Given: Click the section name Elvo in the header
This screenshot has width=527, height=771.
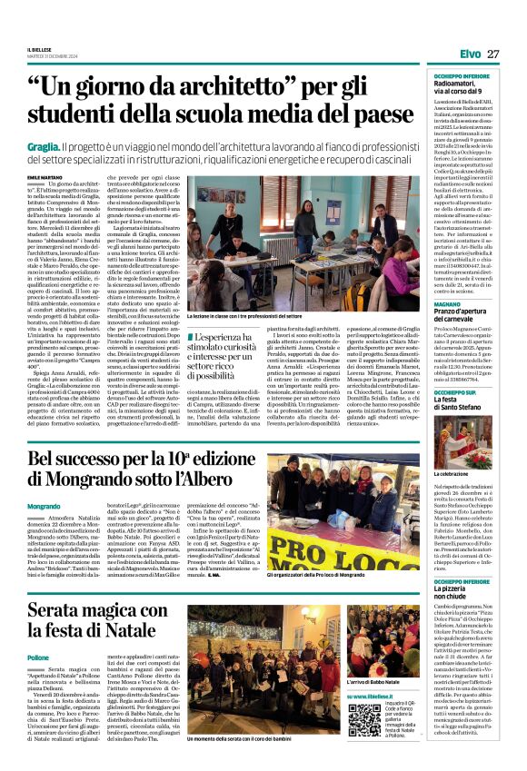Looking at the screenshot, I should [469, 54].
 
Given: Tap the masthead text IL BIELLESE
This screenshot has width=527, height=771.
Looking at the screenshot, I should [40, 50].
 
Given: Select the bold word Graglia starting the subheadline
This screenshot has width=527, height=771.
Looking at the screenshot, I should [44, 146].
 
